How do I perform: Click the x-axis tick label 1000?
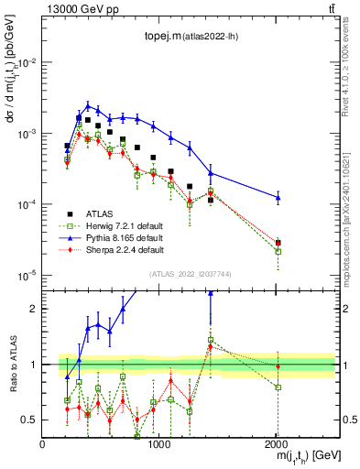pyautogui.click(x=159, y=444)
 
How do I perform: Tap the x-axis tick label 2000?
pyautogui.click(x=278, y=444)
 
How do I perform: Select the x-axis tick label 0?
pyautogui.click(x=42, y=444)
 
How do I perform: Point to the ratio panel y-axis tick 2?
pyautogui.click(x=32, y=309)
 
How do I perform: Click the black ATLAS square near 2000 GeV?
pyautogui.click(x=278, y=244)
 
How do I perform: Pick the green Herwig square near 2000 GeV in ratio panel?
pyautogui.click(x=278, y=387)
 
